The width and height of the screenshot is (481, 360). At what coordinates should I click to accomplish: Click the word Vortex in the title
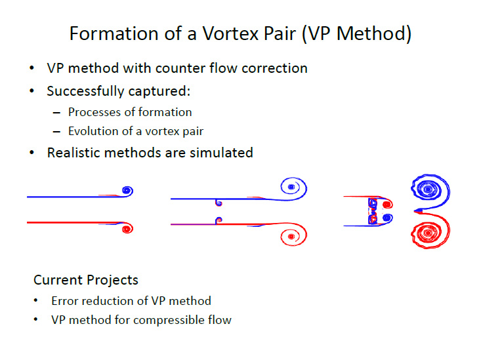coord(231,33)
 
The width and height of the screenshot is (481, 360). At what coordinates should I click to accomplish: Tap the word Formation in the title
coord(114,33)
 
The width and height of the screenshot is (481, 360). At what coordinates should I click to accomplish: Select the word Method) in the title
coord(374,33)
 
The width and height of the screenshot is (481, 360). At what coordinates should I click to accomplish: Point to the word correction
coord(274,68)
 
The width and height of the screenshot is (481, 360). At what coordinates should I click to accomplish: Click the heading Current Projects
coord(86,280)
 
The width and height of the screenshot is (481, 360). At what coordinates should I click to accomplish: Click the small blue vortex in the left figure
coord(127,191)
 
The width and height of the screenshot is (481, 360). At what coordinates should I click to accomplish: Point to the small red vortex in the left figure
coord(127,228)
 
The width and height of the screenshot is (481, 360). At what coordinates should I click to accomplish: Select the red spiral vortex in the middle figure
coord(293,235)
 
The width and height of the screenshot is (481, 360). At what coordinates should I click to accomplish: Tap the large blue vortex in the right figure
coord(430,191)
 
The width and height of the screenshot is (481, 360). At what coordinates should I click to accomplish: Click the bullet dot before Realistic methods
coord(31,152)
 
